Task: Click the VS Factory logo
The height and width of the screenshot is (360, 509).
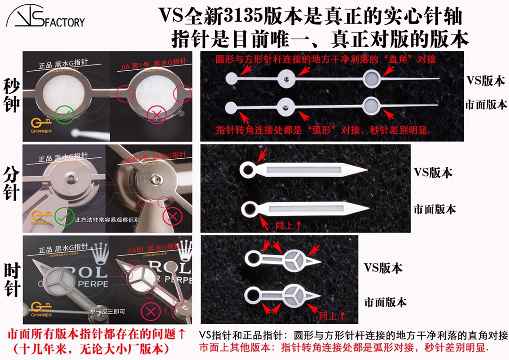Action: tap(45, 18)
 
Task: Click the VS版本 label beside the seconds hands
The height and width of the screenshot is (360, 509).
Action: tap(485, 81)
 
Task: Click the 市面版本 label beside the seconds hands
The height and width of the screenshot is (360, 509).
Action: tap(485, 104)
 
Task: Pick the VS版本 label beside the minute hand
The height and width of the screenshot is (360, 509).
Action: tap(433, 172)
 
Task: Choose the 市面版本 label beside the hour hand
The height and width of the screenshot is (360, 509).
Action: tap(386, 302)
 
